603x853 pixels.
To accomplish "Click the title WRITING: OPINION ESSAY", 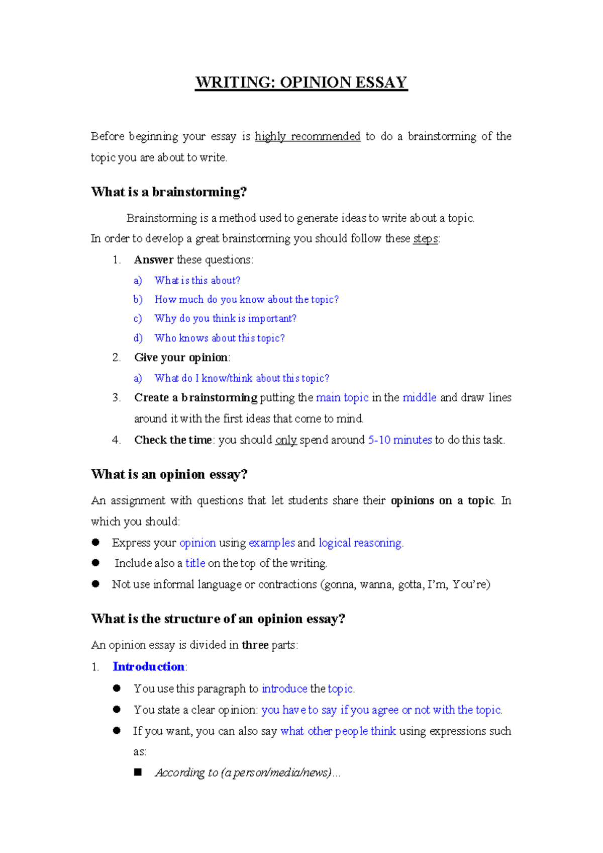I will pyautogui.click(x=301, y=82).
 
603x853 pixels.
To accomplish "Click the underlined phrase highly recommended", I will pyautogui.click(x=308, y=136).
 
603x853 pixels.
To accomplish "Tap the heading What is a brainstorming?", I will pyautogui.click(x=169, y=192).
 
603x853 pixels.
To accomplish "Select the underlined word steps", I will pyautogui.click(x=425, y=238).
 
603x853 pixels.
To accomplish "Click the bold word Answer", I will pyautogui.click(x=154, y=260).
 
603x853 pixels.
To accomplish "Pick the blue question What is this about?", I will pyautogui.click(x=197, y=280).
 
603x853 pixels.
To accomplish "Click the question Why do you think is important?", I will pyautogui.click(x=225, y=318).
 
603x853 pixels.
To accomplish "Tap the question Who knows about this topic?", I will pyautogui.click(x=220, y=338).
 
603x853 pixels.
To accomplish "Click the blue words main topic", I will pyautogui.click(x=342, y=397).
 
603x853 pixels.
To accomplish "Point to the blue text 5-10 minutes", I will pyautogui.click(x=400, y=440).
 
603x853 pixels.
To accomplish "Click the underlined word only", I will pyautogui.click(x=286, y=440).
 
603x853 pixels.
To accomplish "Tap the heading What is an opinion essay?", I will pyautogui.click(x=169, y=474).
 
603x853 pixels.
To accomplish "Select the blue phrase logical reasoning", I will pyautogui.click(x=360, y=543).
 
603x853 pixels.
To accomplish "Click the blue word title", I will pyautogui.click(x=195, y=563).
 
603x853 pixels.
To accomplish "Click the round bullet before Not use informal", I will pyautogui.click(x=96, y=584).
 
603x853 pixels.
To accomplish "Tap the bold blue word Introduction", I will pyautogui.click(x=149, y=667).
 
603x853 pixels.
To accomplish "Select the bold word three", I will pyautogui.click(x=255, y=645).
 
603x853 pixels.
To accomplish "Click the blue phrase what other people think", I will pyautogui.click(x=338, y=731).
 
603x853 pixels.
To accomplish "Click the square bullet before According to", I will pyautogui.click(x=138, y=772).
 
